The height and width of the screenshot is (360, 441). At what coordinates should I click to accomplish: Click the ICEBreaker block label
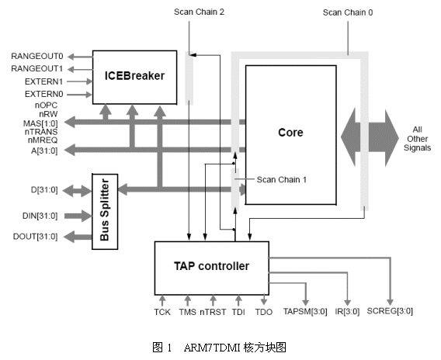coord(134,76)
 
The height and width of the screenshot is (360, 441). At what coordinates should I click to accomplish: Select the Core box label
coord(290,133)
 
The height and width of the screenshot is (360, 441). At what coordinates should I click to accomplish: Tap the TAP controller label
coord(211,266)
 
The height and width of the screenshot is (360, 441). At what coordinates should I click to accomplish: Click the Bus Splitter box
coord(105,211)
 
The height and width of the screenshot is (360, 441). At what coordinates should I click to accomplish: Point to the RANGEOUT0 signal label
coord(36,56)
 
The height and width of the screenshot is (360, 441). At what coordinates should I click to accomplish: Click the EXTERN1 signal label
coord(43,81)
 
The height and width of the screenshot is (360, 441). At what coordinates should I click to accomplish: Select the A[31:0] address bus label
coord(44,151)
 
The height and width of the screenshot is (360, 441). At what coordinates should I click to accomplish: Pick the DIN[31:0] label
coord(40,216)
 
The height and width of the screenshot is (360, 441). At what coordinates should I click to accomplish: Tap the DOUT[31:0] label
coord(36,237)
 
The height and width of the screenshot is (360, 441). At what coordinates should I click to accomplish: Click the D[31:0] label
coord(44,190)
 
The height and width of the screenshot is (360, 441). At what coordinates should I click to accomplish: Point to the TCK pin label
coord(162,312)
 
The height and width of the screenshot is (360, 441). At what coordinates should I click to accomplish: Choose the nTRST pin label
coord(213,312)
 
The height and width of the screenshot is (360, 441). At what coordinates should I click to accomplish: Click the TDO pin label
coord(263,312)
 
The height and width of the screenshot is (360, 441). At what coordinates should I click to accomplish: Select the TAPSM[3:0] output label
coord(305,312)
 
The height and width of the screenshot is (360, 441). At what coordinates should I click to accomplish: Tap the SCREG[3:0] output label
coord(390,311)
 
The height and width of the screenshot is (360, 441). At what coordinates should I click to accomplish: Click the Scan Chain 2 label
coord(199,12)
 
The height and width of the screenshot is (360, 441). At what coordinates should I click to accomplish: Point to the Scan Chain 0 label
coord(348,12)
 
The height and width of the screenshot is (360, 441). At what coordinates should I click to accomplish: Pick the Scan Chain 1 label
coord(282,179)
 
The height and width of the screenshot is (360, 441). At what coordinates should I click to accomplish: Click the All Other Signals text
coord(417,139)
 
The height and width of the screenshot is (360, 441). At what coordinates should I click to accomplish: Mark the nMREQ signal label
coord(43,140)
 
